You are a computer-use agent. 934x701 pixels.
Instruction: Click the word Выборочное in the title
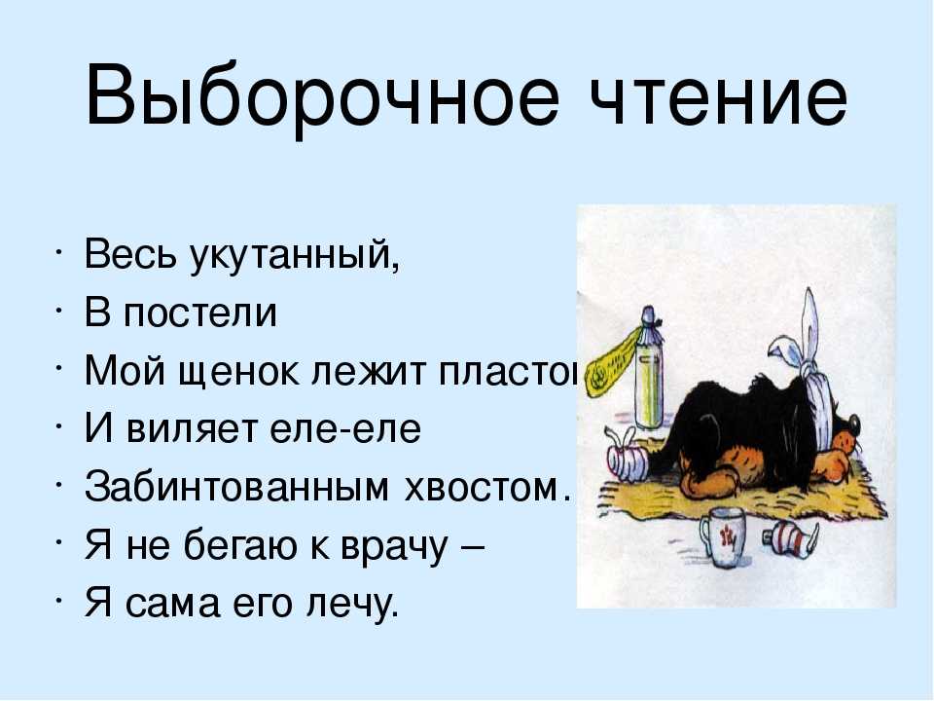322,96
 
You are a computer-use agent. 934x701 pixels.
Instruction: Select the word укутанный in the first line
294,254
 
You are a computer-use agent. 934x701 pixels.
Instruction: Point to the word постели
199,313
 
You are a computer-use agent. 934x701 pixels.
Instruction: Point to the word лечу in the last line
351,605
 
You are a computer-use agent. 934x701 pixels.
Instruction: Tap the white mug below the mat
721,537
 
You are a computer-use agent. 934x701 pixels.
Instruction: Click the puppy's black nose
852,424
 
